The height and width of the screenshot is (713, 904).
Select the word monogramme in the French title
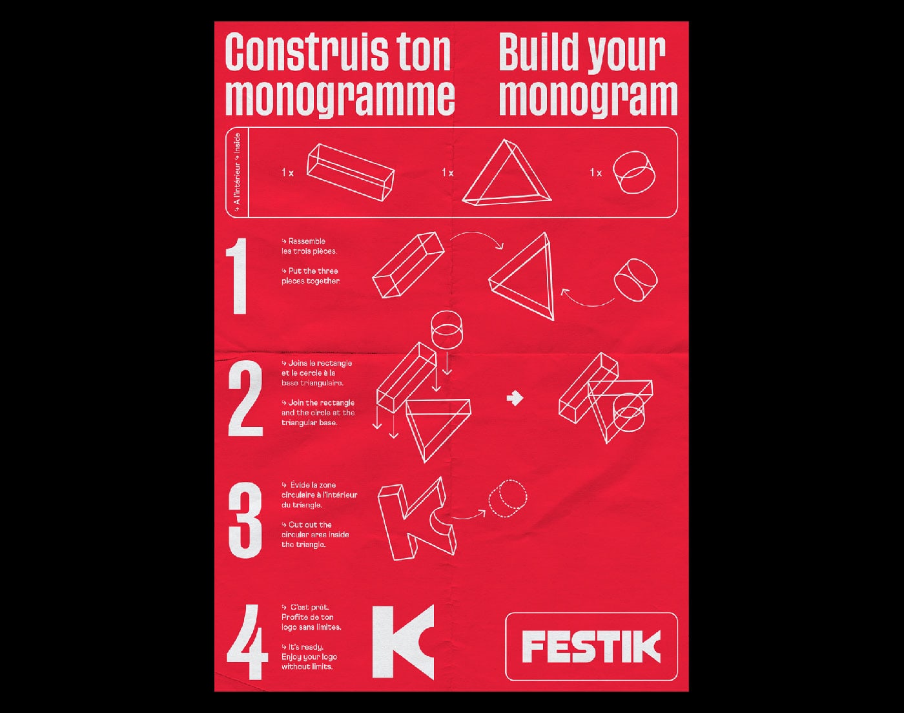pyautogui.click(x=340, y=98)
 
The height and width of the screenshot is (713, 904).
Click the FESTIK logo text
pyautogui.click(x=591, y=646)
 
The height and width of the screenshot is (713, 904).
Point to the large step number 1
pyautogui.click(x=238, y=276)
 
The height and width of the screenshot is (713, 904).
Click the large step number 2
pyautogui.click(x=245, y=398)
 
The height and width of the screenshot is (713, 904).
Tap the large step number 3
pyautogui.click(x=245, y=520)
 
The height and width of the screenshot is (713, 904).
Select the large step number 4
pyautogui.click(x=247, y=642)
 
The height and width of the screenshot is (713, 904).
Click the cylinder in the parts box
pyautogui.click(x=634, y=172)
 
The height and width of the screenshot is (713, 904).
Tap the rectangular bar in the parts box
pyautogui.click(x=351, y=172)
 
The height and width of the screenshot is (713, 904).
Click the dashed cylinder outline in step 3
pyautogui.click(x=508, y=499)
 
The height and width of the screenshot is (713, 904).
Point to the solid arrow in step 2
pyautogui.click(x=515, y=398)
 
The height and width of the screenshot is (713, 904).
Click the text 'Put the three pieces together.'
pyautogui.click(x=311, y=276)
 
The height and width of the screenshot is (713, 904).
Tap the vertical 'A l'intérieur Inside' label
pyautogui.click(x=238, y=172)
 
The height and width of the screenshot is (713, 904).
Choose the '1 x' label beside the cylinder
pyautogui.click(x=595, y=172)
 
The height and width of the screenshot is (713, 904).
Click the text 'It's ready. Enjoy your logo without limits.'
pyautogui.click(x=309, y=657)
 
